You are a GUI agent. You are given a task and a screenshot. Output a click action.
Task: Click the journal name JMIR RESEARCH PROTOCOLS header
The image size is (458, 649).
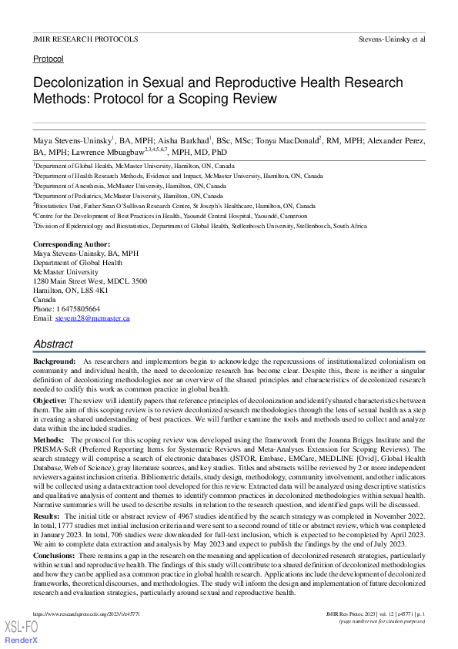point(85,39)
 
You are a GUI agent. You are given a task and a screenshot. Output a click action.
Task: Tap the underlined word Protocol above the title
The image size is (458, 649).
point(48,59)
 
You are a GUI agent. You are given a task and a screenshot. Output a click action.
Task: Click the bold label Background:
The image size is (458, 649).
point(54,361)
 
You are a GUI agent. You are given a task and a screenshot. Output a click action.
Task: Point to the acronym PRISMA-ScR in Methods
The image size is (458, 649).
point(52,449)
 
